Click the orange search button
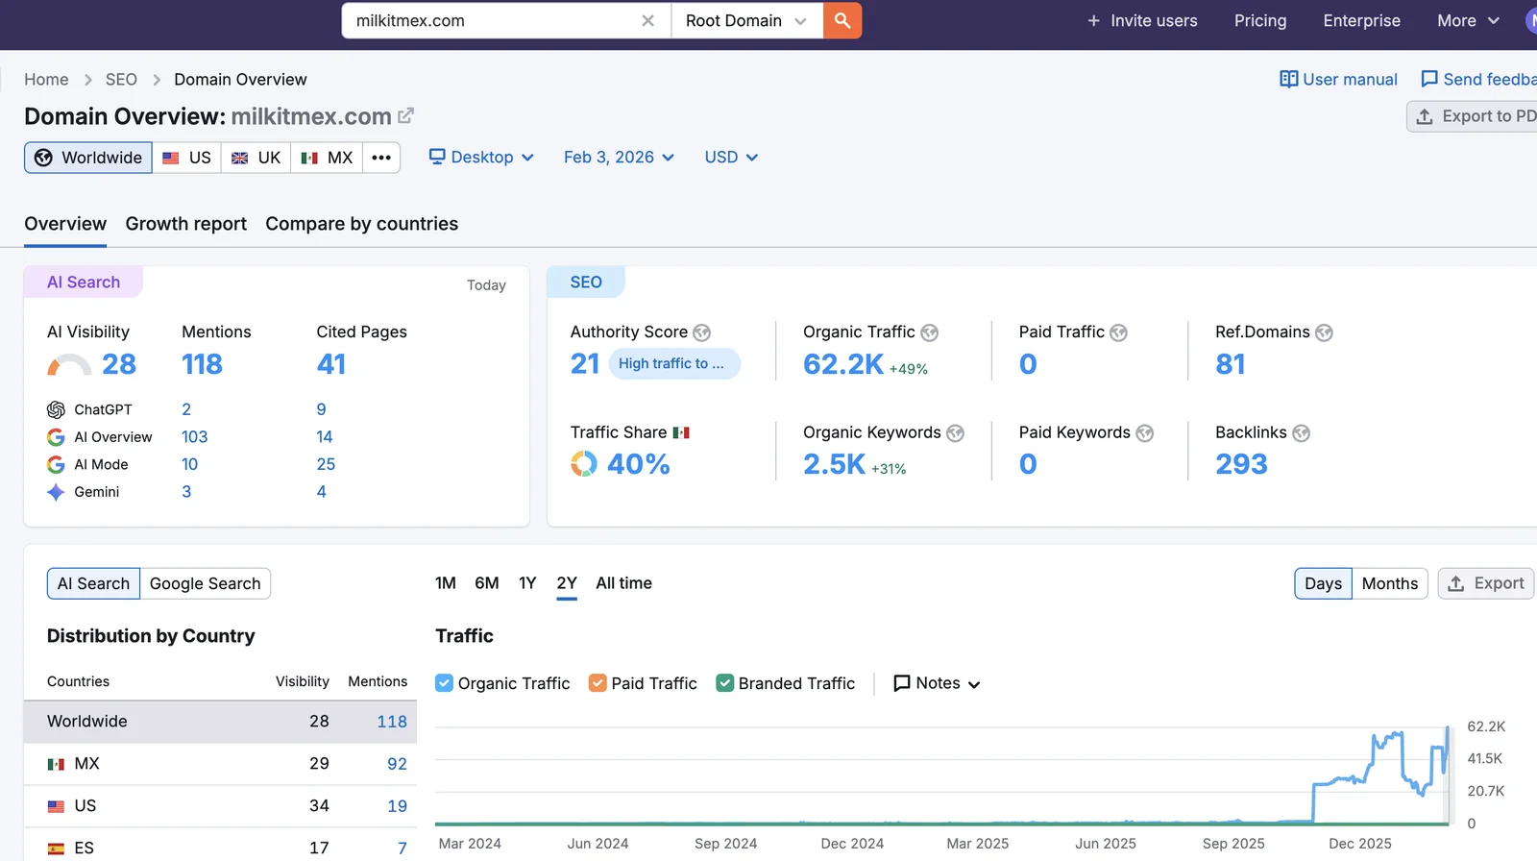point(842,20)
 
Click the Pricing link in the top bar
point(1259,20)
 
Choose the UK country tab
point(256,158)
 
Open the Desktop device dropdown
point(481,158)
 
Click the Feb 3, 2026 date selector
point(619,158)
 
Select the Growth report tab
point(185,224)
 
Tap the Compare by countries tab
point(361,224)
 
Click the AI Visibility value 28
point(119,364)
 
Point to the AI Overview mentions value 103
point(194,437)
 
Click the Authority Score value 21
point(585,364)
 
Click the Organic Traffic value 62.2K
point(842,364)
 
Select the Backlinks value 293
point(1241,464)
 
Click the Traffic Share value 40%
point(638,464)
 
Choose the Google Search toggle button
point(205,583)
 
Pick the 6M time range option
point(486,583)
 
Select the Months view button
point(1389,583)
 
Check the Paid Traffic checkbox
point(598,683)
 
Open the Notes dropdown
point(937,683)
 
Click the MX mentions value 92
point(397,764)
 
